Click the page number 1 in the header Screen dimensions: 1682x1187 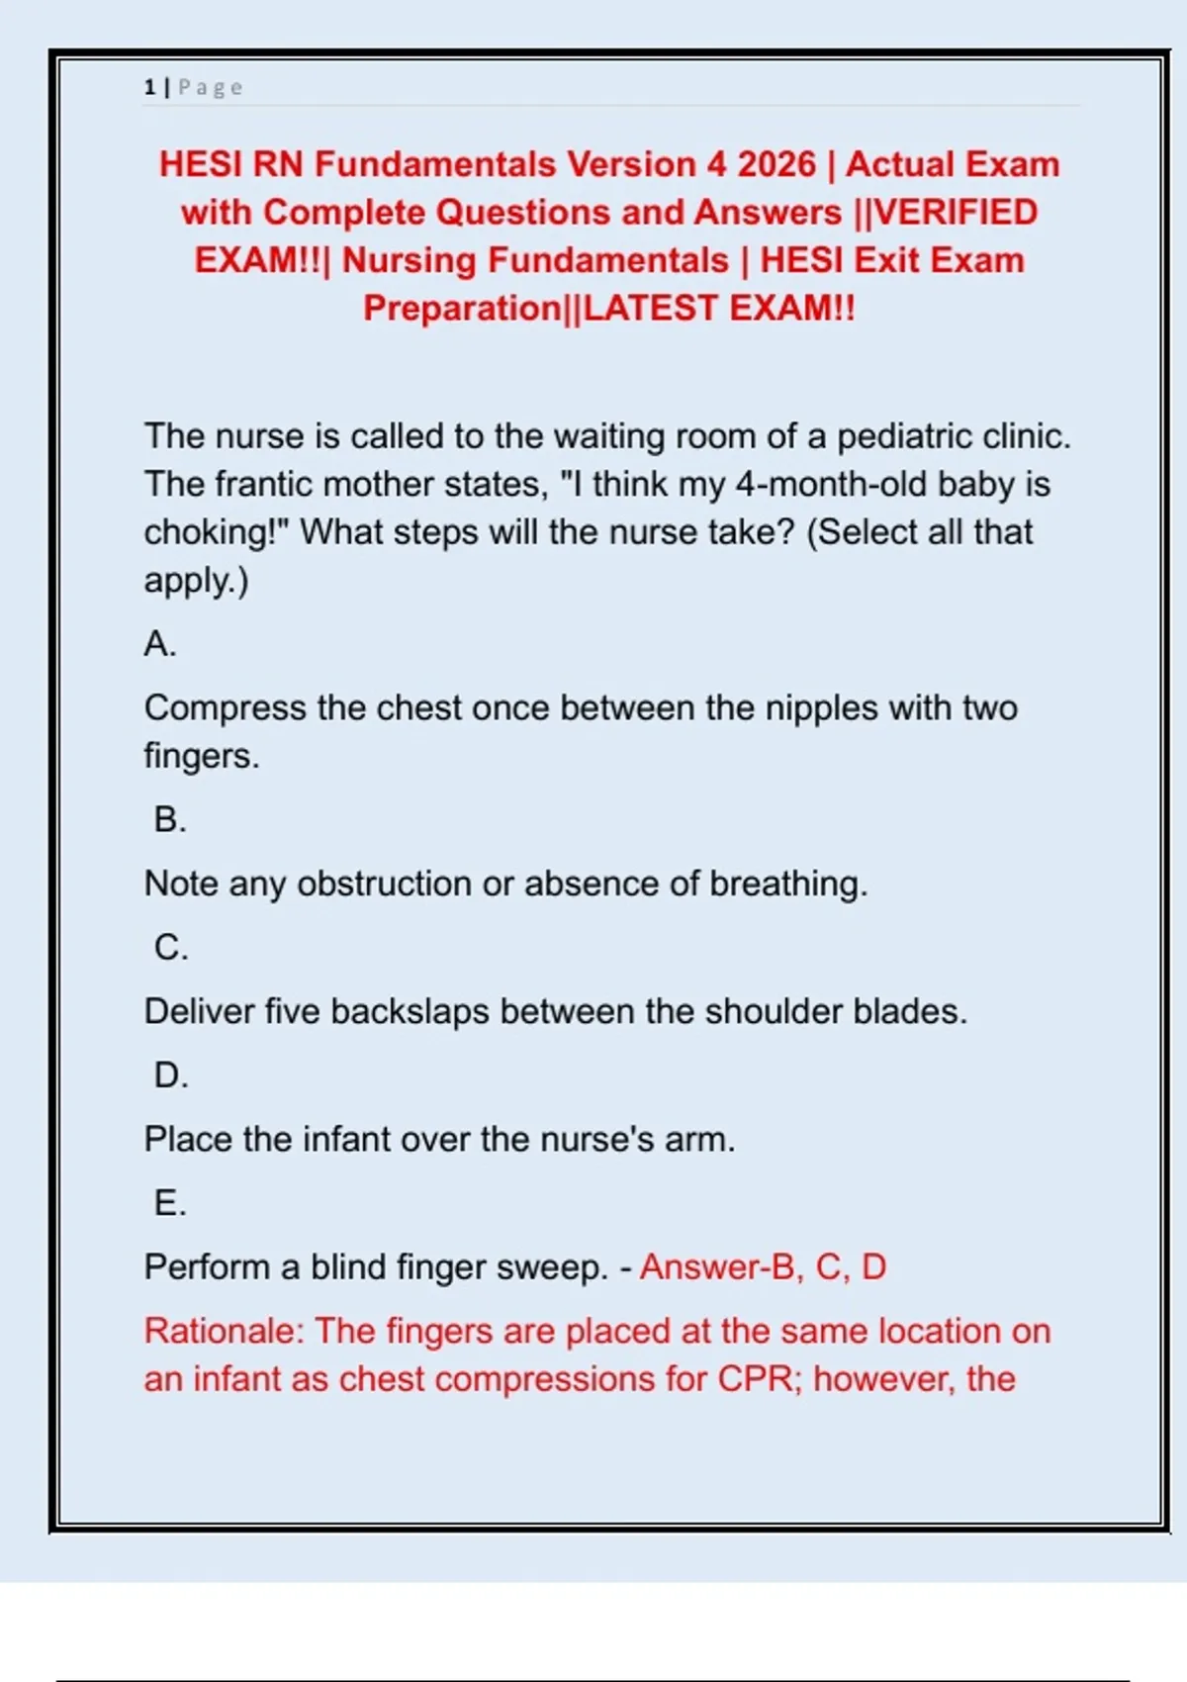click(x=149, y=87)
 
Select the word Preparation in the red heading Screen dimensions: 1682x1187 click(x=461, y=309)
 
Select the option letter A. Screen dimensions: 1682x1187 click(x=159, y=644)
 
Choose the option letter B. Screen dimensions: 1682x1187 click(x=169, y=820)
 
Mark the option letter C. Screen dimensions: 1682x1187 click(x=170, y=948)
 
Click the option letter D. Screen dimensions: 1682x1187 click(x=170, y=1075)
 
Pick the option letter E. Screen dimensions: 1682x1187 click(x=169, y=1203)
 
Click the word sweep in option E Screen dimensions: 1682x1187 click(x=550, y=1267)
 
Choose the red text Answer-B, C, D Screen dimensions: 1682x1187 click(x=763, y=1267)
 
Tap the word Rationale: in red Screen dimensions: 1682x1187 click(x=225, y=1332)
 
